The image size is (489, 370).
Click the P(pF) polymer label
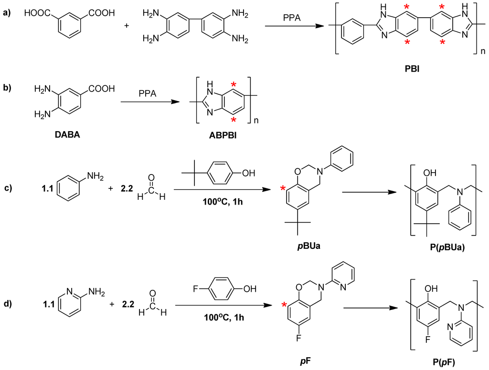point(442,363)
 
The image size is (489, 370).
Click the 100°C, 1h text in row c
point(219,197)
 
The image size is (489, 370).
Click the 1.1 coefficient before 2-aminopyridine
point(46,303)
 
